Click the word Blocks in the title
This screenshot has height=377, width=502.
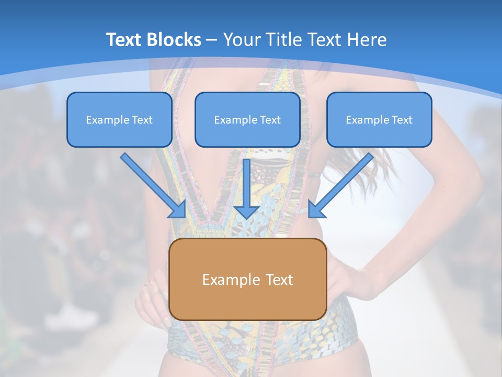176,40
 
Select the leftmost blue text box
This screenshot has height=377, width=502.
119,119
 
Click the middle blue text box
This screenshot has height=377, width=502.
247,119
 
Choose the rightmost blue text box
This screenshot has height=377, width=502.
379,119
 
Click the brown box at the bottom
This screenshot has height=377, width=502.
247,279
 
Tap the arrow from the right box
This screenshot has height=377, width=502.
343,183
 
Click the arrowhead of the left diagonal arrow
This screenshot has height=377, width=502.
178,209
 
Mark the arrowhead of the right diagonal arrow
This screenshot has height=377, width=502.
316,209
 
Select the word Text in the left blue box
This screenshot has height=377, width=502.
142,120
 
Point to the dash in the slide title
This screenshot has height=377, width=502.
212,40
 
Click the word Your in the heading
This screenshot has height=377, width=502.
241,40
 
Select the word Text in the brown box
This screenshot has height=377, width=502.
280,280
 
